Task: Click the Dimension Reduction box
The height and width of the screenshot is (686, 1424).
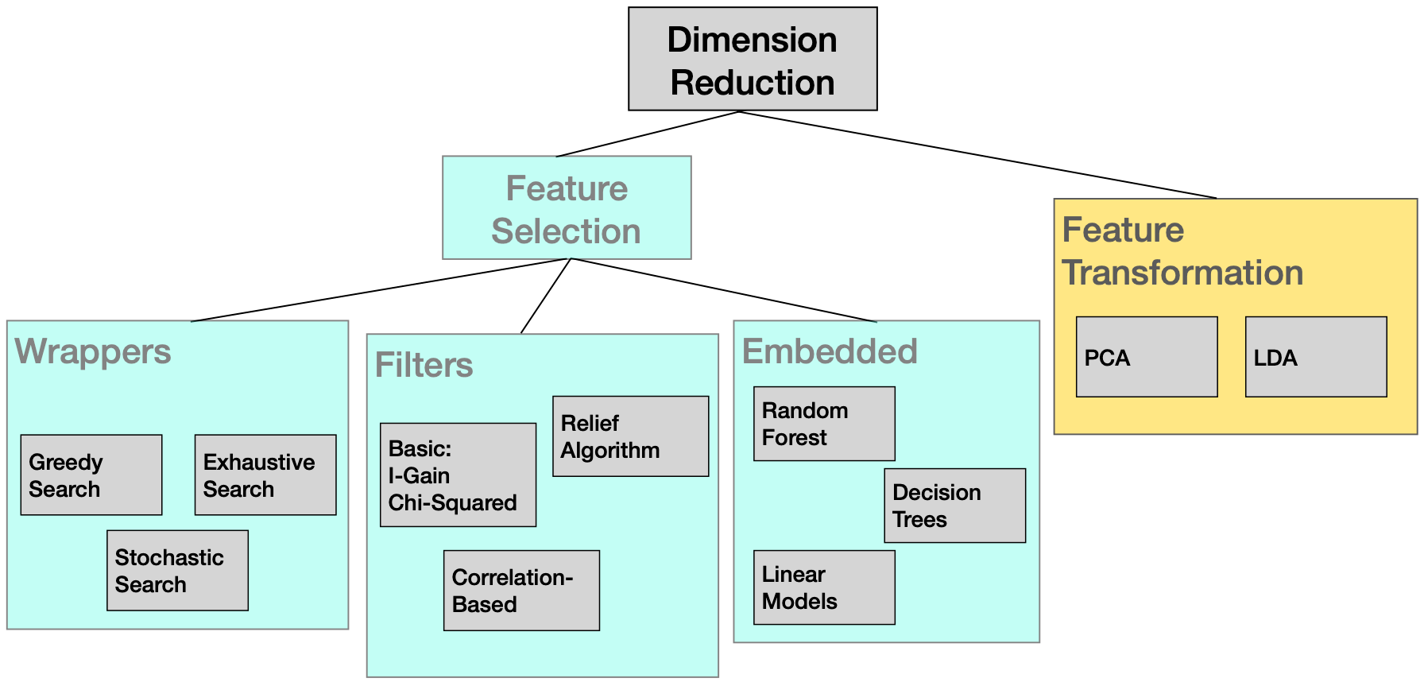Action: [753, 60]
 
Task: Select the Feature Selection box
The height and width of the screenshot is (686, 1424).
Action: [567, 208]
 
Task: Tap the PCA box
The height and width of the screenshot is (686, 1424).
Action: [1146, 357]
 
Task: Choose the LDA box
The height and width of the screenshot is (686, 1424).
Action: [1315, 357]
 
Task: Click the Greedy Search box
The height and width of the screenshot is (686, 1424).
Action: [91, 475]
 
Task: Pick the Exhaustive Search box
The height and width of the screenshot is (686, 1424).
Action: [265, 475]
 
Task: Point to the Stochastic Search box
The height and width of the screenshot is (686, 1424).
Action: [177, 570]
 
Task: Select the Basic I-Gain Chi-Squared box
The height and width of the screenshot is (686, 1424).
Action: [458, 475]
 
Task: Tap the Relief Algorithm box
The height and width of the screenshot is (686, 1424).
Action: [630, 436]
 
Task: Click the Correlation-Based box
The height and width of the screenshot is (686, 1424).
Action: [521, 590]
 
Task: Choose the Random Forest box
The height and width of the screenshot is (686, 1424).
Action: [824, 424]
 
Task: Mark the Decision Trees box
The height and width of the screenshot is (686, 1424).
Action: [954, 506]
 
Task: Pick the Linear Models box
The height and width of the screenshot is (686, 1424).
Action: [824, 587]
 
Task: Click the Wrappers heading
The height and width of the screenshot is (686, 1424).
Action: [93, 351]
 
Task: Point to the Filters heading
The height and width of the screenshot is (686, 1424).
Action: [424, 366]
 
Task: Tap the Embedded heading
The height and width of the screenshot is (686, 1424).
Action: [830, 351]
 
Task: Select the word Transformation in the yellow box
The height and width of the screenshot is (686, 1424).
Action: [1182, 273]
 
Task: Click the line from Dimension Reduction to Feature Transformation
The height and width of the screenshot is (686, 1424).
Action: [977, 155]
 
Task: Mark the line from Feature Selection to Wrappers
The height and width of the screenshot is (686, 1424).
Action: [380, 290]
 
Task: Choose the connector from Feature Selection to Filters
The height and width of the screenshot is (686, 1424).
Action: [546, 296]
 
